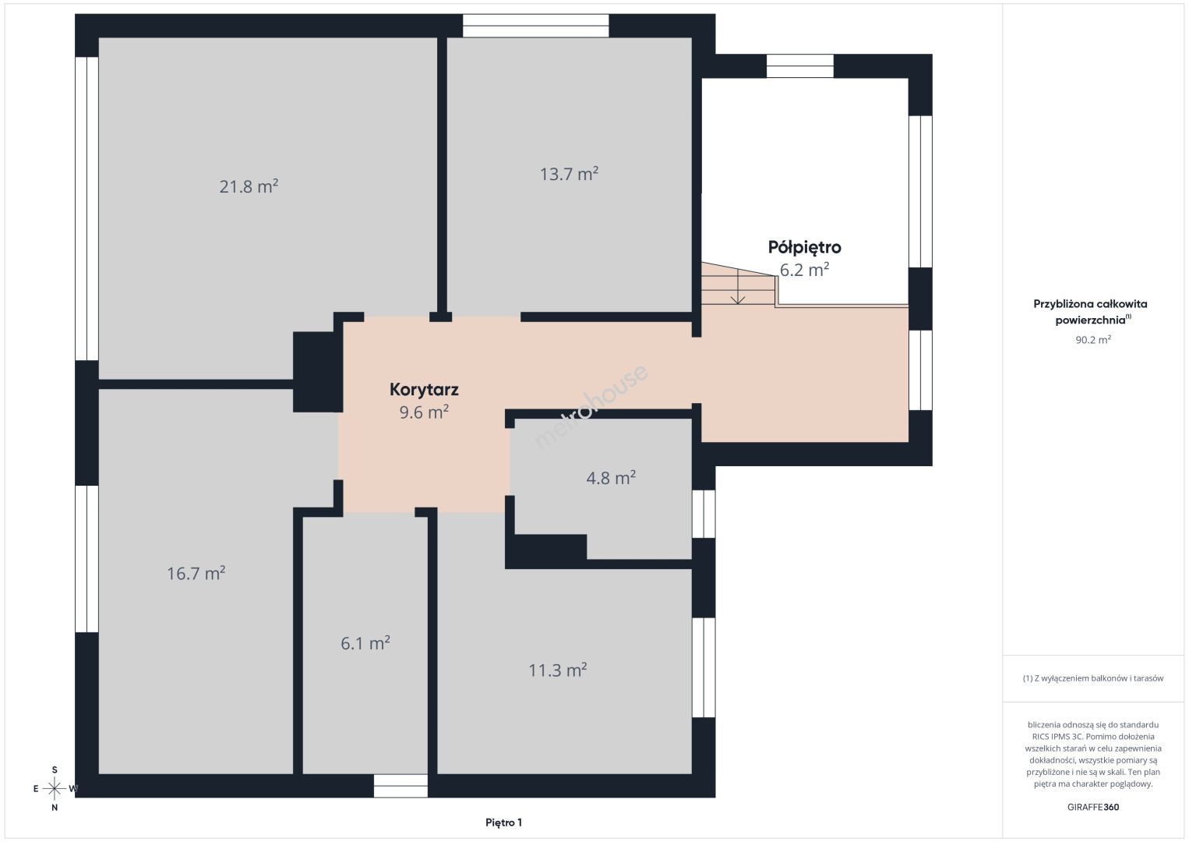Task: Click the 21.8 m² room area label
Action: tap(249, 186)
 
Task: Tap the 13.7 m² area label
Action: tap(569, 174)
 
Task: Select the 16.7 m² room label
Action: tap(196, 573)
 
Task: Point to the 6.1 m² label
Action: tap(365, 643)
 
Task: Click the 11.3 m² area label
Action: tap(557, 670)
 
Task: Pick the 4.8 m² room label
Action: tap(611, 478)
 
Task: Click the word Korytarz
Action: tap(424, 389)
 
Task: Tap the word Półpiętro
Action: tap(805, 247)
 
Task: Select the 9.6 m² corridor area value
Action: tap(424, 412)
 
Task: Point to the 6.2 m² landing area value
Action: tap(804, 269)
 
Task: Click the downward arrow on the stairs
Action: tap(738, 287)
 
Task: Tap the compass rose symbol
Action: tap(54, 789)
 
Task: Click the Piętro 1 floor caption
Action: tap(504, 823)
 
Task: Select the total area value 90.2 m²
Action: tap(1093, 339)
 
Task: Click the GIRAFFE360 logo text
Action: tap(1093, 807)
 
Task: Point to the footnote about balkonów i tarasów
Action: tap(1093, 678)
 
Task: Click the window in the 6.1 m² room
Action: tap(400, 786)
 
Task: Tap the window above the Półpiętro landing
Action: tap(800, 65)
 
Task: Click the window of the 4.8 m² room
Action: tap(704, 514)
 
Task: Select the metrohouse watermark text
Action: tap(591, 406)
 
